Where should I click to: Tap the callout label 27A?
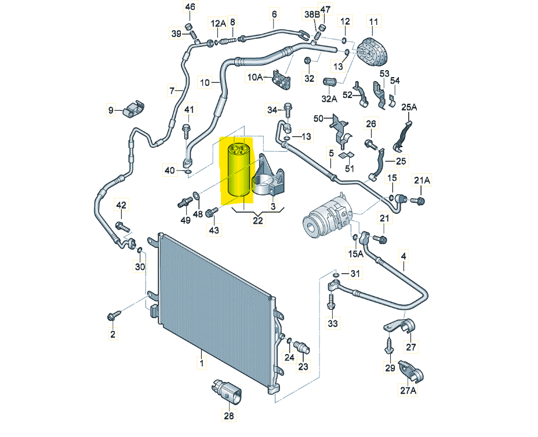pos(409,390)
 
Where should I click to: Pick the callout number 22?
pos(257,220)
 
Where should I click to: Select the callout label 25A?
pos(409,107)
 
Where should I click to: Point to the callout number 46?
pos(190,8)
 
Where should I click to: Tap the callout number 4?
pos(403,256)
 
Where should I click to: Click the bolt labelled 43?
pos(211,214)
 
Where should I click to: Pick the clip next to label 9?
pos(133,108)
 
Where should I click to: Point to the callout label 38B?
pos(311,14)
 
